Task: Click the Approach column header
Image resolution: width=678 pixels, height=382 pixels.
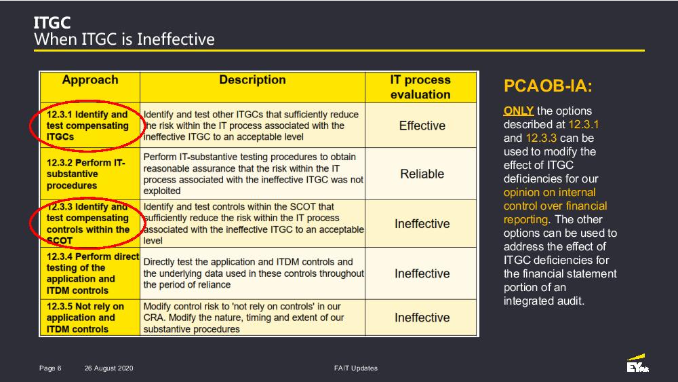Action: pos(90,80)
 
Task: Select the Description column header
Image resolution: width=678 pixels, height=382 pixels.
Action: pos(252,80)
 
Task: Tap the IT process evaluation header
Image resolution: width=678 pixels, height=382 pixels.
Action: pos(420,87)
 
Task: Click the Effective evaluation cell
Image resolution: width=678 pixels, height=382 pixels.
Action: pos(422,126)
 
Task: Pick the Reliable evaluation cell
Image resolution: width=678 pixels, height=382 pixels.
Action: pos(422,174)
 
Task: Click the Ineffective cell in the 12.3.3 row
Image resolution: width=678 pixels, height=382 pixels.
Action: pos(422,224)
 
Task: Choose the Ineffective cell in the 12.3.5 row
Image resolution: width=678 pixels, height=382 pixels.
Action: pos(422,318)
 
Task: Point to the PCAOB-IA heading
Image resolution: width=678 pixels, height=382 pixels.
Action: pos(548,85)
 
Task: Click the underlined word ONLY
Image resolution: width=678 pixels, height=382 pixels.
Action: pos(519,111)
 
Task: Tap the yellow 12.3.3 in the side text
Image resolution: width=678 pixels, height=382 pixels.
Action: pos(541,138)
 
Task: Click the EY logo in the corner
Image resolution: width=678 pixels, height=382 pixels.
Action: pos(638,364)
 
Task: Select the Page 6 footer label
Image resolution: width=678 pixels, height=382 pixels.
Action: pos(50,368)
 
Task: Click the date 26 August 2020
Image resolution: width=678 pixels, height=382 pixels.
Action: pos(109,368)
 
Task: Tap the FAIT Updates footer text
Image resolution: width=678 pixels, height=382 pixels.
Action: pos(356,368)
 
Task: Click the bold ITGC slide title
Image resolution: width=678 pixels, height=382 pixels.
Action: pos(52,22)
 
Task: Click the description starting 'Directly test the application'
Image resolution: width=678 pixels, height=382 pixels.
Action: pos(254,273)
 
